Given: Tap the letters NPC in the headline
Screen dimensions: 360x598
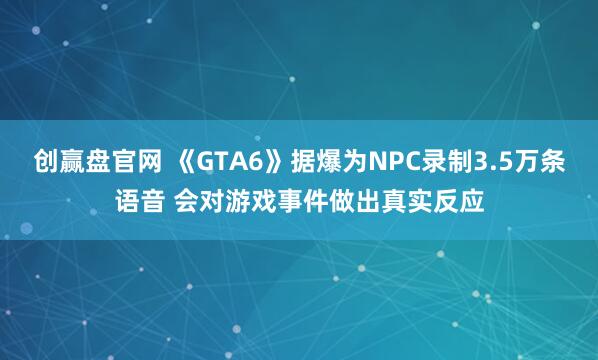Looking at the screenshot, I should click(394, 159).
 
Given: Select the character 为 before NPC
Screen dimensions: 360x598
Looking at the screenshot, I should click(354, 159).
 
